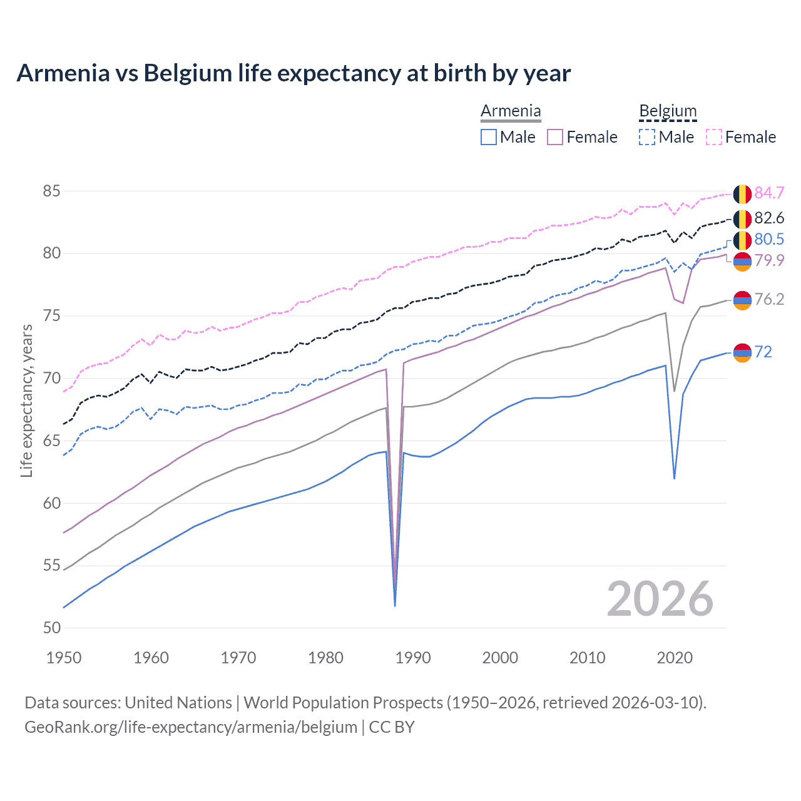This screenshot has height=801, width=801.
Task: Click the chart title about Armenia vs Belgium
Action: click(x=293, y=73)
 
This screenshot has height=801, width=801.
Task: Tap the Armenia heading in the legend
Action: click(x=511, y=111)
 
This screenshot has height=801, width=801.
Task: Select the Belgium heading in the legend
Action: click(x=668, y=111)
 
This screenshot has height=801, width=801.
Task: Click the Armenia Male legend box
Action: click(x=489, y=137)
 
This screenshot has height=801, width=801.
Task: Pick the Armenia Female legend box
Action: click(x=555, y=137)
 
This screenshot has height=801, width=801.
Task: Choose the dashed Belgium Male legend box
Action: click(x=647, y=137)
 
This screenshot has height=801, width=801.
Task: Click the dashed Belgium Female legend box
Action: click(x=714, y=137)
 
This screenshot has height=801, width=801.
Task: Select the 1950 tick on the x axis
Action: click(x=64, y=658)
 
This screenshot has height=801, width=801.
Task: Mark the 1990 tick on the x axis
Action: click(x=413, y=658)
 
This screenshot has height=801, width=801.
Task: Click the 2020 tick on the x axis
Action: click(x=675, y=658)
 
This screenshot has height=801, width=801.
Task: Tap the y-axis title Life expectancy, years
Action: click(x=26, y=400)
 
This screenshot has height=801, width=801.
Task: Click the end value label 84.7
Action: click(x=769, y=193)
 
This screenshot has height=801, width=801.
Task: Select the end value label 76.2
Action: click(x=769, y=299)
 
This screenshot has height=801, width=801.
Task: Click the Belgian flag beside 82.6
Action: click(x=742, y=218)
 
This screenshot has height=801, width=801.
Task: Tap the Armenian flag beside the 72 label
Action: click(x=742, y=352)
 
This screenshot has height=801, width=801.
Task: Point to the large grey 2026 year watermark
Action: click(x=660, y=599)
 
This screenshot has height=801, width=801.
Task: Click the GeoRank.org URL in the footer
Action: click(x=191, y=727)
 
